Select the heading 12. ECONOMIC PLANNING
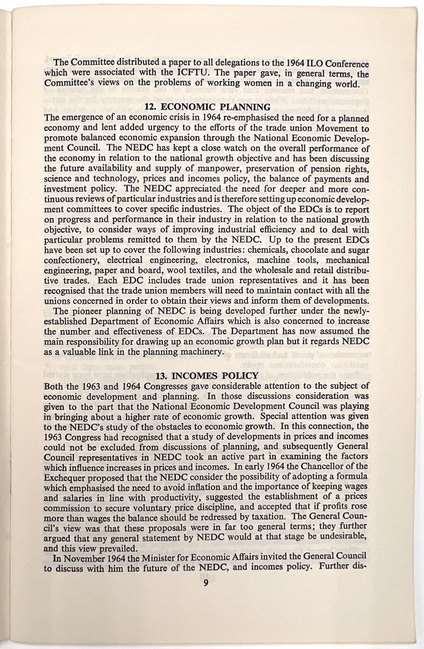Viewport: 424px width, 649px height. point(207,107)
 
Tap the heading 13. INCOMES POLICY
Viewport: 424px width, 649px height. point(207,376)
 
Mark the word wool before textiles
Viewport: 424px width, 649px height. point(188,270)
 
